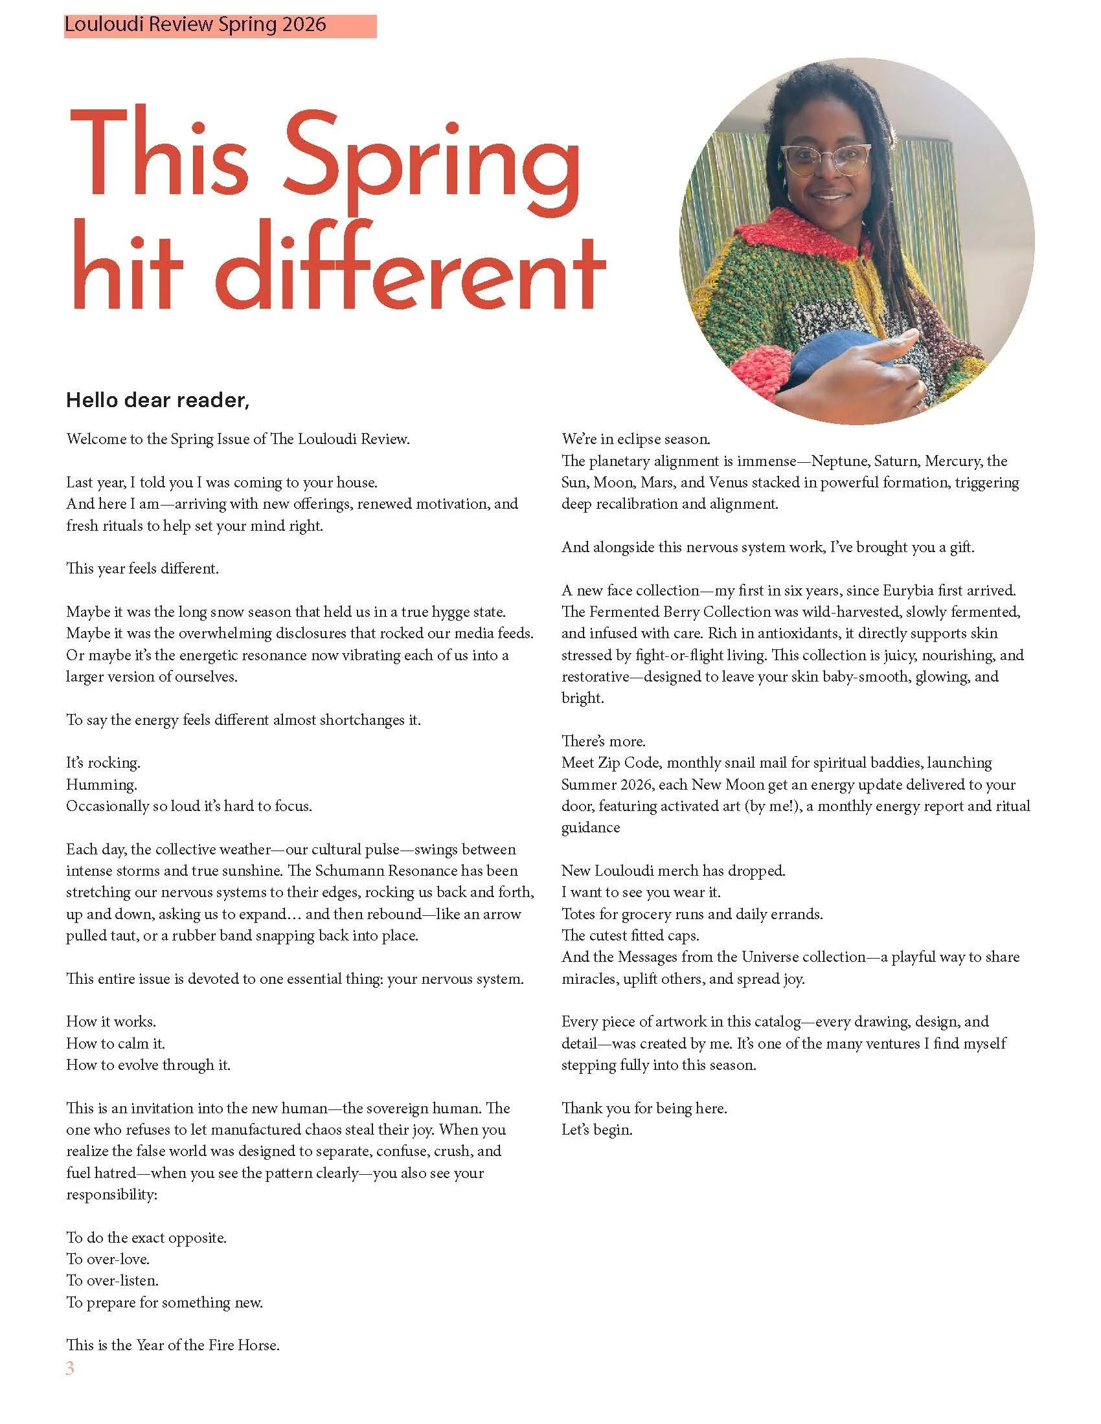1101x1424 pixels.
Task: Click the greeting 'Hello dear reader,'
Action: pos(158,400)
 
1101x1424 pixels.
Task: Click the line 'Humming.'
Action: pos(102,784)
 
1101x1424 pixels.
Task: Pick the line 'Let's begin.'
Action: pos(597,1129)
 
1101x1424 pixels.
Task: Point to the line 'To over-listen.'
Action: pos(112,1280)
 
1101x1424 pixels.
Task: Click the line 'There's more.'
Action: pos(604,740)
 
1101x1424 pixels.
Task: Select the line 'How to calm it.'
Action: pos(115,1043)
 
